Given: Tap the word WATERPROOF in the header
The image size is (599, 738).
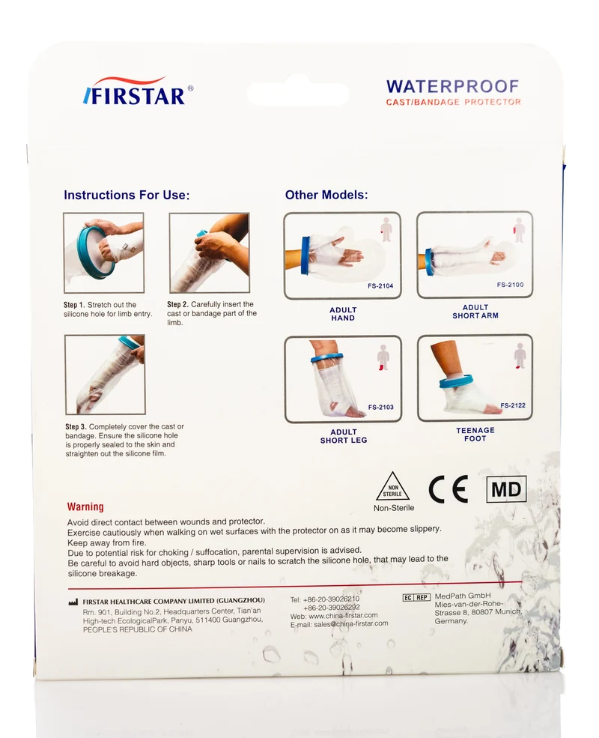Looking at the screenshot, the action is (x=453, y=87).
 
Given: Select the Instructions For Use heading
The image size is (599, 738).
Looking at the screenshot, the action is (x=127, y=195).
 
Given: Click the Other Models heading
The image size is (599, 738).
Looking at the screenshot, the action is (x=326, y=195).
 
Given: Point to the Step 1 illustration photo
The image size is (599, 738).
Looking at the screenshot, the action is (x=104, y=252).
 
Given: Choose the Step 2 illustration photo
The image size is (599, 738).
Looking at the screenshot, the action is (x=209, y=252).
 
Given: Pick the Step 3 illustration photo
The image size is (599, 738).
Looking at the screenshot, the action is (x=105, y=375).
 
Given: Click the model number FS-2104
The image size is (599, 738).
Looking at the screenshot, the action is (x=380, y=285).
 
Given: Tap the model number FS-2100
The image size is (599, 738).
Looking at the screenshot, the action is (x=510, y=285).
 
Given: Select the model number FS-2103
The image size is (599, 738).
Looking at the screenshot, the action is (x=381, y=407).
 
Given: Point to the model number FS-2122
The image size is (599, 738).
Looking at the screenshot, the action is (x=513, y=405).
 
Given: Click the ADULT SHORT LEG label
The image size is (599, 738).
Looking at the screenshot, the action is (x=344, y=436).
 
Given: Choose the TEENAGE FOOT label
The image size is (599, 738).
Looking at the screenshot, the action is (x=475, y=434).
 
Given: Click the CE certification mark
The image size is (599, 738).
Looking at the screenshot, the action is (x=448, y=489).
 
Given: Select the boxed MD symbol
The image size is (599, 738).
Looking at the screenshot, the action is (x=506, y=489).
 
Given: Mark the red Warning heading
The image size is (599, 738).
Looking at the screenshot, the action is (x=85, y=506).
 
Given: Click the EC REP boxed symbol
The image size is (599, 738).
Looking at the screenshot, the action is (x=416, y=597).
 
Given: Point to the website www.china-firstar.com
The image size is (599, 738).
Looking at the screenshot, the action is (x=343, y=615).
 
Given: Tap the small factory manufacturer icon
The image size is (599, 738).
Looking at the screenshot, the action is (x=73, y=602).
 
